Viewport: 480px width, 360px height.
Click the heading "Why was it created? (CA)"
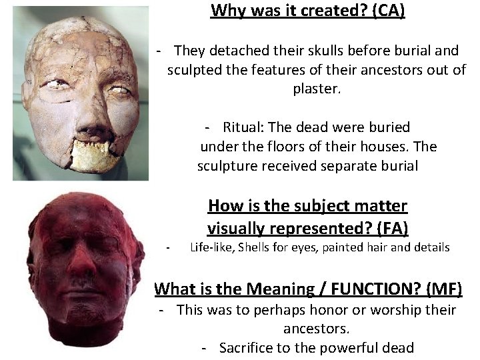[307, 11]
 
